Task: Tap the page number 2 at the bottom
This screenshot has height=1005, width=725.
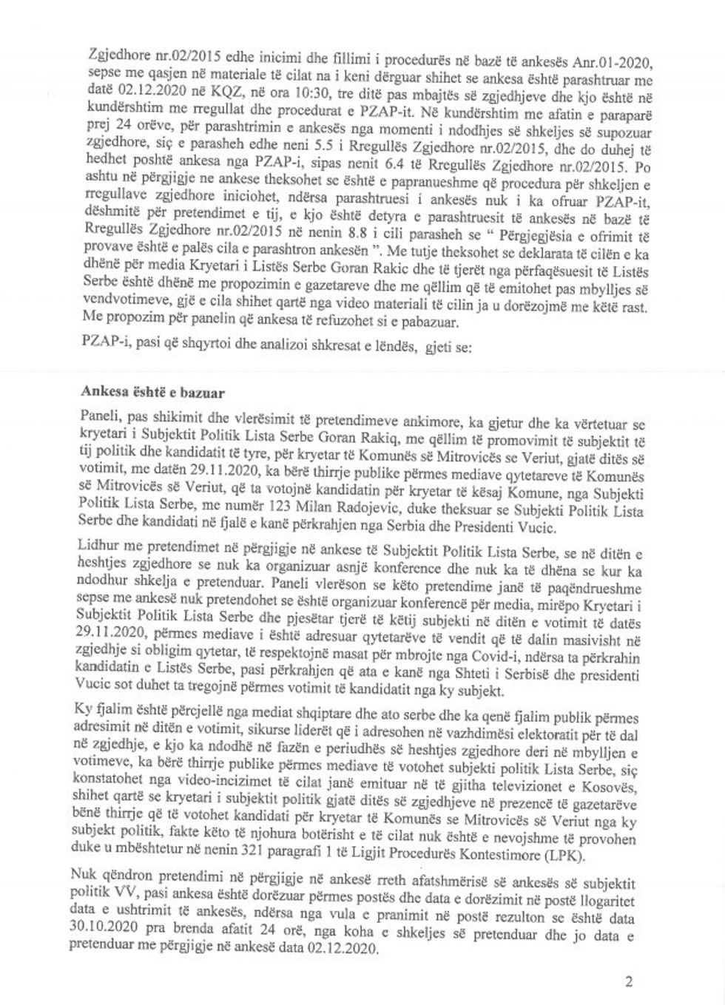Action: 629,982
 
